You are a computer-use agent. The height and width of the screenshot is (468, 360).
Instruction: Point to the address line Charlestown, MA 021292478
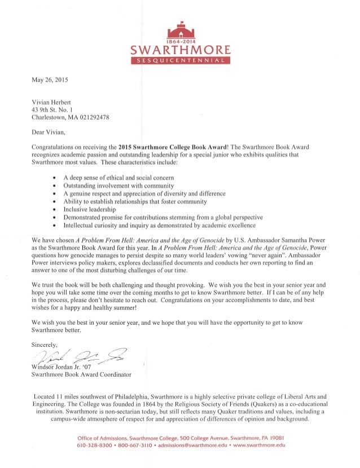[x=70, y=117]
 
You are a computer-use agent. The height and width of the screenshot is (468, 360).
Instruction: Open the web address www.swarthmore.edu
[x=257, y=445]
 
